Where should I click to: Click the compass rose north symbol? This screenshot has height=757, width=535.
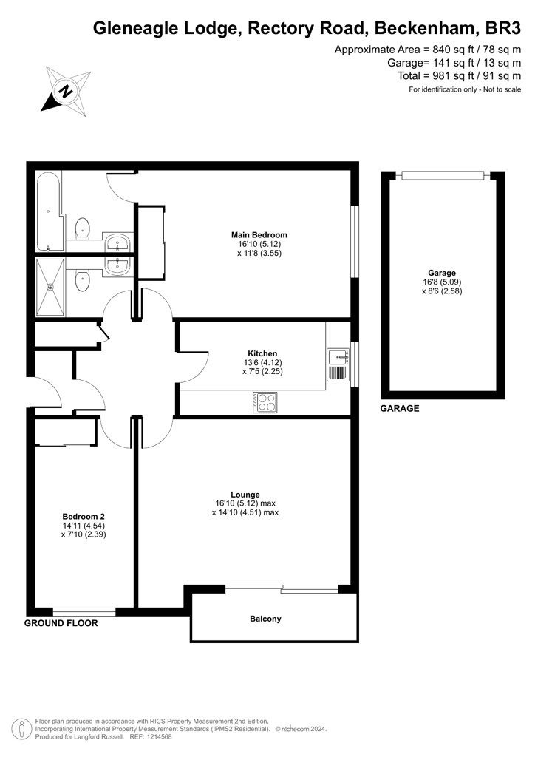tap(66, 90)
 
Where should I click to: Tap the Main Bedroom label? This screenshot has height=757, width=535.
tap(259, 235)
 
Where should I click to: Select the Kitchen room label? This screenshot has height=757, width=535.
tap(262, 353)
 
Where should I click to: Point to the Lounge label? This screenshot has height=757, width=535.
tap(245, 495)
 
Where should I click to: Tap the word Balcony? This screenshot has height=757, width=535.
tap(265, 619)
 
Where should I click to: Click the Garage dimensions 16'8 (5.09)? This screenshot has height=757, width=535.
tap(442, 282)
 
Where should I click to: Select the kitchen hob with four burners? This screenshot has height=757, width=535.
tap(265, 402)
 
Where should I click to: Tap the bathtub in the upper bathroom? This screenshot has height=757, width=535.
tap(49, 210)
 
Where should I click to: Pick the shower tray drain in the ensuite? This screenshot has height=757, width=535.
tap(50, 287)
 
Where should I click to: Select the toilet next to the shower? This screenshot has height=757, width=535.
tap(84, 280)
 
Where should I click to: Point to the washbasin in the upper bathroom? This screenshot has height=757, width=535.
tap(117, 242)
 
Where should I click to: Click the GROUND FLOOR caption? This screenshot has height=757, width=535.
tap(61, 623)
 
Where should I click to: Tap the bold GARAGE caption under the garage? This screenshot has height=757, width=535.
tap(400, 408)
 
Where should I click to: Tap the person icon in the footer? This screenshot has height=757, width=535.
tap(20, 729)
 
